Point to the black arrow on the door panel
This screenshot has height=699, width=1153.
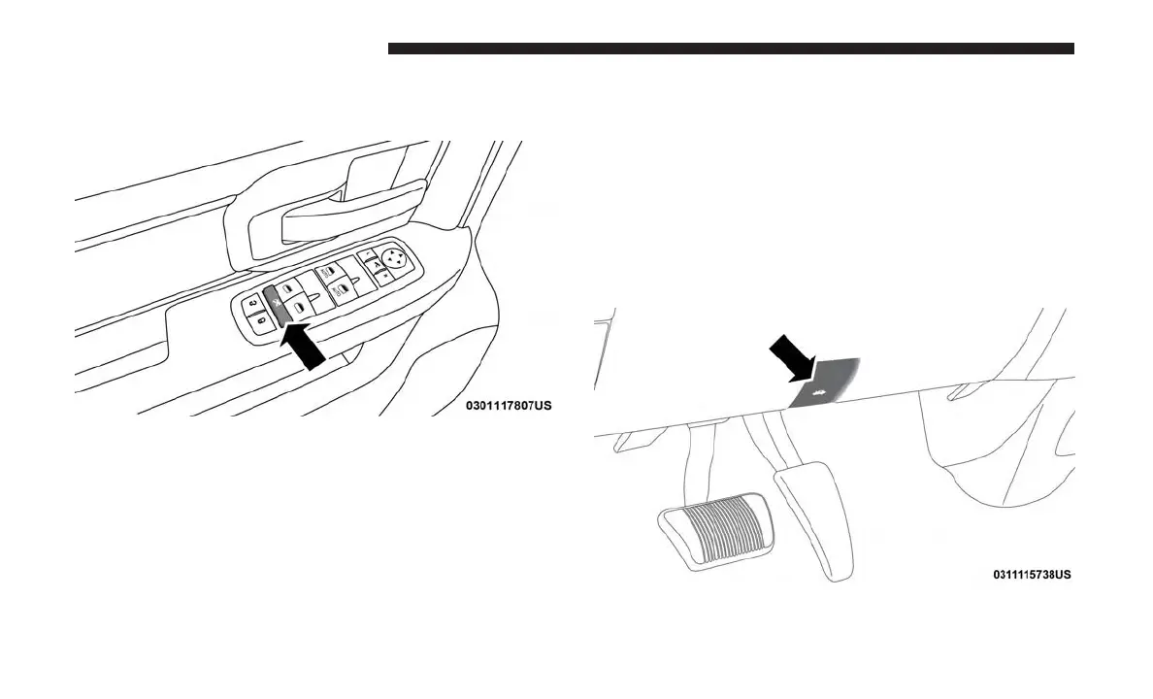(307, 347)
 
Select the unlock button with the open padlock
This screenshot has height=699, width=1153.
(254, 304)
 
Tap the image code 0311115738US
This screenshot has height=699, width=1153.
(1032, 574)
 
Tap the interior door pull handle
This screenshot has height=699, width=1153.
(349, 214)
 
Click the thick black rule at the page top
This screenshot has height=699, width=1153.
(730, 49)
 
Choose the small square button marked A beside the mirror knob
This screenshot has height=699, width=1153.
(376, 264)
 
